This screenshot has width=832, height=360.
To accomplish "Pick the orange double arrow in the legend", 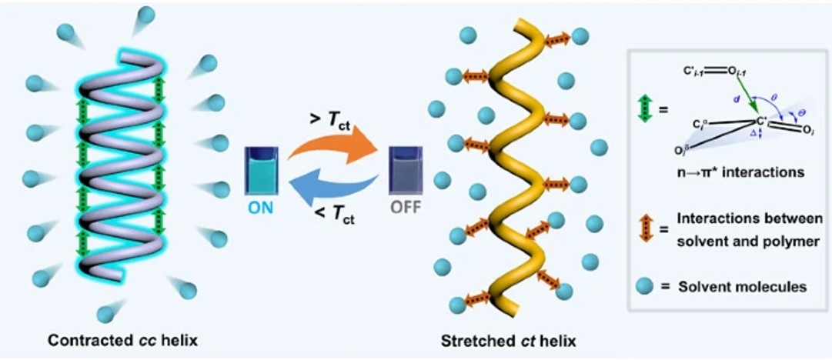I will coord(644,228).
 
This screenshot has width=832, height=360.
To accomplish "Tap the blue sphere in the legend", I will coord(645,287).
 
